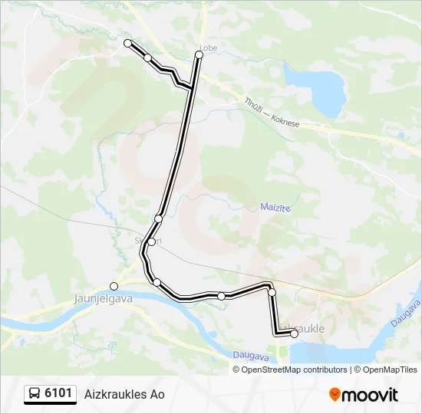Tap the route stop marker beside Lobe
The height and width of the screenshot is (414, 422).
tap(199, 55)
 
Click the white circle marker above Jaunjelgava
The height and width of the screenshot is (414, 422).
tap(114, 287)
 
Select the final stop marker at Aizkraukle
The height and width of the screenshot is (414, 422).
tap(294, 333)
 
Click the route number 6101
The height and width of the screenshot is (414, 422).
tap(58, 394)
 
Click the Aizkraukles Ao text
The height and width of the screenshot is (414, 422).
tap(124, 394)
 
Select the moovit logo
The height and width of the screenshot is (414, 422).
tap(364, 394)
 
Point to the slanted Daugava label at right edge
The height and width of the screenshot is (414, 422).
tap(405, 311)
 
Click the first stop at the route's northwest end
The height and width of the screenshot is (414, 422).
tap(128, 43)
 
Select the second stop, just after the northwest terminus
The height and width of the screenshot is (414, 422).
tap(147, 58)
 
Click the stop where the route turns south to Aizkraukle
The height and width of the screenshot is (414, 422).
tap(272, 292)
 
